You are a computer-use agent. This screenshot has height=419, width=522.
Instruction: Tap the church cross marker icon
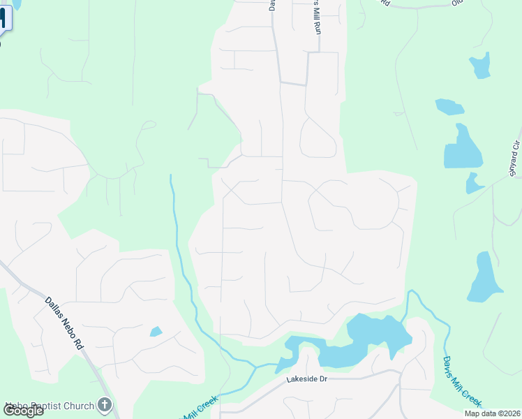105,404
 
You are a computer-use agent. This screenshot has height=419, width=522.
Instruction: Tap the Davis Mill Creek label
461,381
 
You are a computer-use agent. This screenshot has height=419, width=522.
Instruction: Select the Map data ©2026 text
491,413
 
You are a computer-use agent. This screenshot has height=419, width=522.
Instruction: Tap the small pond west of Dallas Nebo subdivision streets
156,331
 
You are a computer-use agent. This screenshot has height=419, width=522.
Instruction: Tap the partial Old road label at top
458,3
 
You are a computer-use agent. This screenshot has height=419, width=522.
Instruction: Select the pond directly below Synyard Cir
475,184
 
